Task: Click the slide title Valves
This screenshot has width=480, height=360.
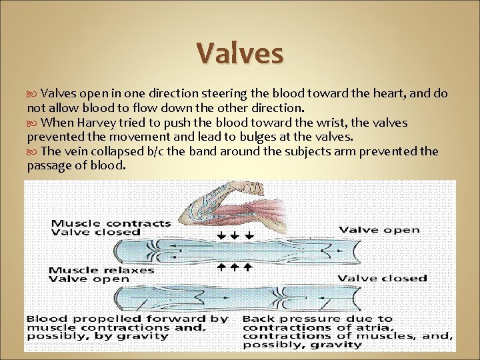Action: (x=239, y=54)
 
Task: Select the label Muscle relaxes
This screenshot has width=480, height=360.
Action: (x=102, y=270)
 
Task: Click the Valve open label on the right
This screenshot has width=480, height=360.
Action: (x=379, y=230)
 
